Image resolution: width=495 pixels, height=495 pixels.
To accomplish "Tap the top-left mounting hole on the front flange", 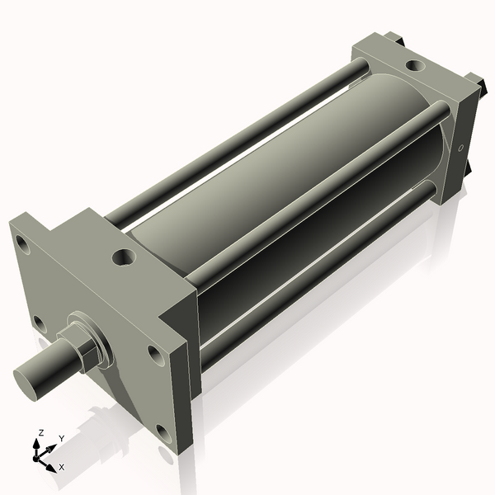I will [x=23, y=246].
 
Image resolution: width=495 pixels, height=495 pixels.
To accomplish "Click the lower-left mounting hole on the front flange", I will [x=37, y=322].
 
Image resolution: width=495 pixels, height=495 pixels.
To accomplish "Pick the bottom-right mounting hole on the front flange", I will [x=163, y=432].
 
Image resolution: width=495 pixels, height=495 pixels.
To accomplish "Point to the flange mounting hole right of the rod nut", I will [x=154, y=355].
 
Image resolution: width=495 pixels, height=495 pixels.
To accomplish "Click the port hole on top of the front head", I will [x=123, y=257].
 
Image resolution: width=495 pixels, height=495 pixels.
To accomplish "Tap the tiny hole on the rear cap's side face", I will [x=460, y=148].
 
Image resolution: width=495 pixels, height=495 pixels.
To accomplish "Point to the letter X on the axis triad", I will [x=62, y=468].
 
